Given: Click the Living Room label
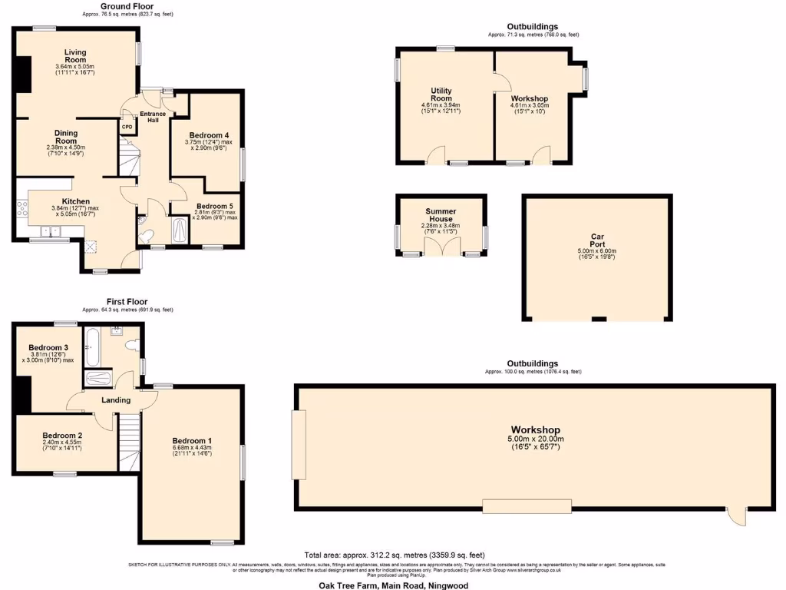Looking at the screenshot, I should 75,55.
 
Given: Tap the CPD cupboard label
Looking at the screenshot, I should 127,127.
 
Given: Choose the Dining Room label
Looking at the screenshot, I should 66,137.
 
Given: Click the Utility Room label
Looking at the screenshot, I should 441,94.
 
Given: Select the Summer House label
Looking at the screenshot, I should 441,215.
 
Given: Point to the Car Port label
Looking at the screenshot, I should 598,241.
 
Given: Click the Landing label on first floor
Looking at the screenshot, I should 116,399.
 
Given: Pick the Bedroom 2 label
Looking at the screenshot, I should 63,434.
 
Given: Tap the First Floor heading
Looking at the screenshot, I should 127,302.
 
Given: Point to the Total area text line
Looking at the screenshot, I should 395,555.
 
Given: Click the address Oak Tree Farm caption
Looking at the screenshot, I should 393,585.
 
